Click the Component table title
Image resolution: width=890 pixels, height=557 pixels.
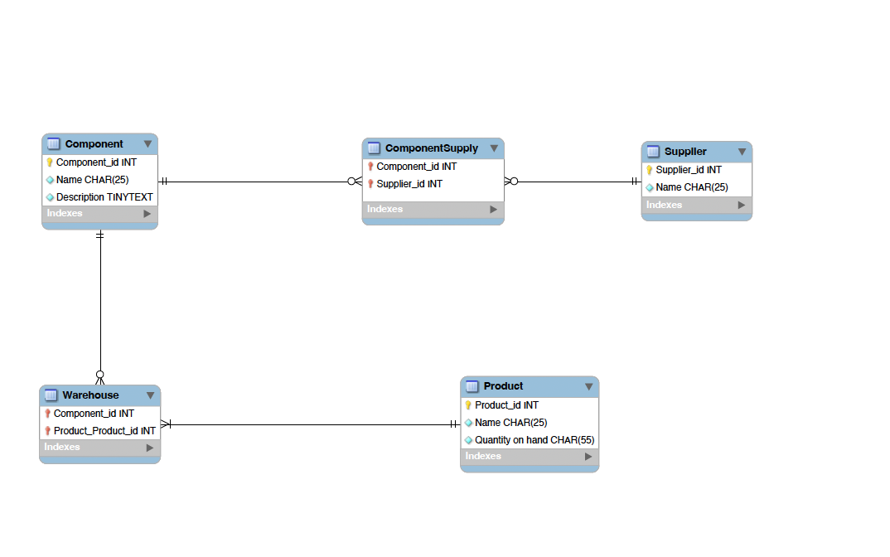(x=94, y=144)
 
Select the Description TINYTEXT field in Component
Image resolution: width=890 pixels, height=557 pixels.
(x=104, y=197)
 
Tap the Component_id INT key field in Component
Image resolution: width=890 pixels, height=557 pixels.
(x=96, y=162)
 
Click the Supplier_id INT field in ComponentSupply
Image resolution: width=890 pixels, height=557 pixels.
(x=409, y=184)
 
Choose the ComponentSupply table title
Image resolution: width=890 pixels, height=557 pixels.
(x=431, y=148)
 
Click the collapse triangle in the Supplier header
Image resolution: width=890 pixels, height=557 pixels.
(x=742, y=153)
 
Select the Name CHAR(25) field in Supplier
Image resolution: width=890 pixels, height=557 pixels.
(x=691, y=187)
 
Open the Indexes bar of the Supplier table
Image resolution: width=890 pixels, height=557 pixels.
(x=696, y=205)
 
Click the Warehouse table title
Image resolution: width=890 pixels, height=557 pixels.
(x=90, y=395)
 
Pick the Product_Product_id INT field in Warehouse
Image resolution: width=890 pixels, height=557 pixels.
(x=104, y=431)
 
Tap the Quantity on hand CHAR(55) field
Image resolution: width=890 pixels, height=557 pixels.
(x=534, y=440)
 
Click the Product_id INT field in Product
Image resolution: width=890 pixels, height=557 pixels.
(x=506, y=405)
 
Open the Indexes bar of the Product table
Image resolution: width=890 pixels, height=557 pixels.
(x=529, y=457)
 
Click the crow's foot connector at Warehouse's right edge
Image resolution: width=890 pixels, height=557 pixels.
(x=166, y=424)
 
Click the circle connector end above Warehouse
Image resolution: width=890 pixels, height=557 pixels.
(x=100, y=374)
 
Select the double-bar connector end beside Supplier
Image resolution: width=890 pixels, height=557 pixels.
(x=635, y=182)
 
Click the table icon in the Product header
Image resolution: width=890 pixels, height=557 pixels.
(x=472, y=386)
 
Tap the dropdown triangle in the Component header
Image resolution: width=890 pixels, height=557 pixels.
(x=148, y=144)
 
